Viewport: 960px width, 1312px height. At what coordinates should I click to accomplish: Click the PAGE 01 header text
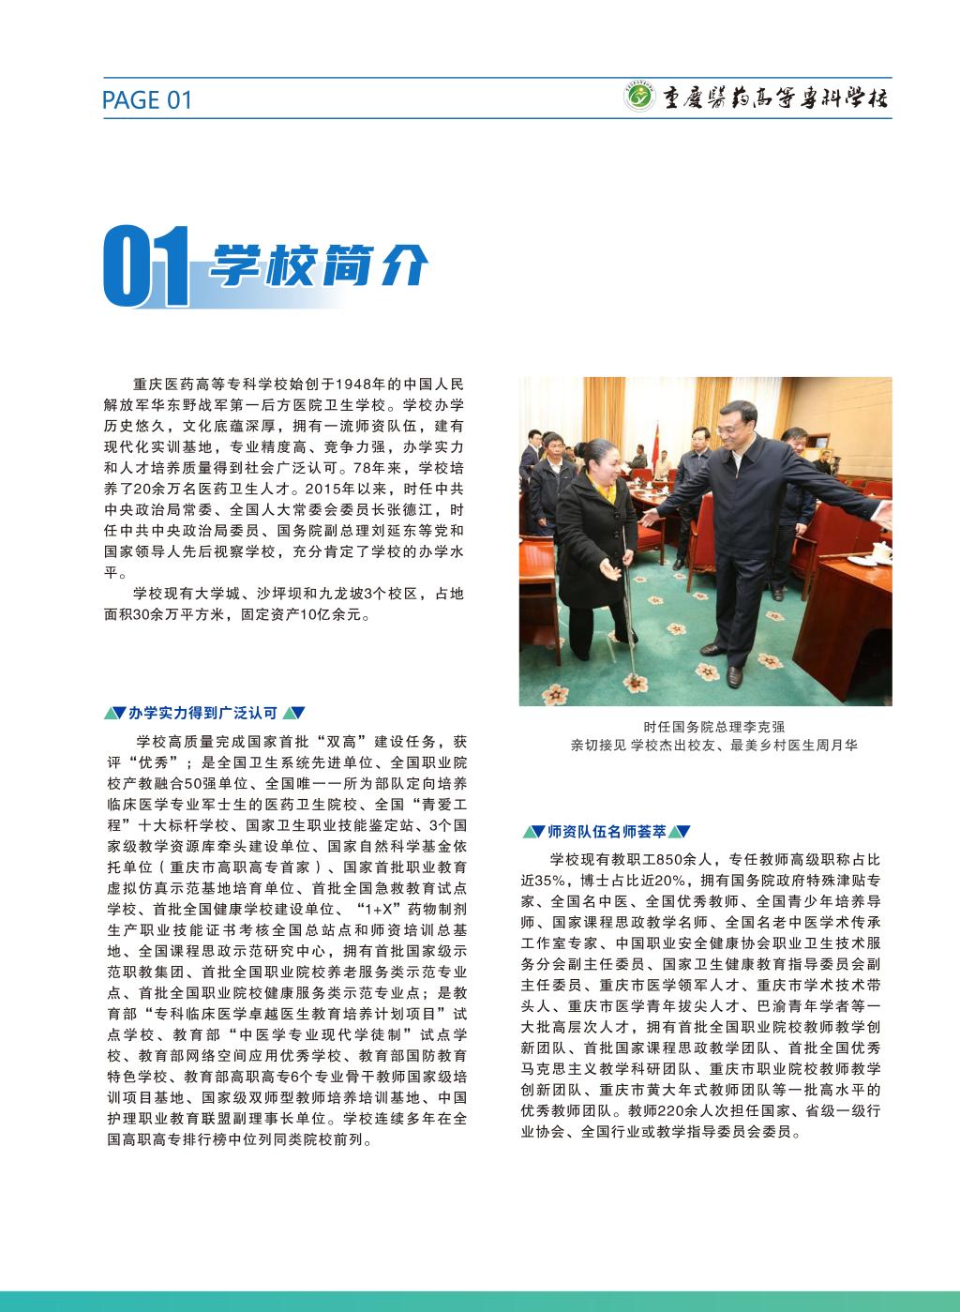click(x=146, y=99)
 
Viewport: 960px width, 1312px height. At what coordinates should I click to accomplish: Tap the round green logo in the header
click(x=639, y=98)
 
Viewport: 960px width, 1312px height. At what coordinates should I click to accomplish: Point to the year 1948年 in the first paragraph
click(x=362, y=384)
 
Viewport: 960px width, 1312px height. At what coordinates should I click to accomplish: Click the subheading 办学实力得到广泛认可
click(x=202, y=713)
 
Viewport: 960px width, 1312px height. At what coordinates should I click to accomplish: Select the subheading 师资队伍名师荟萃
click(x=607, y=831)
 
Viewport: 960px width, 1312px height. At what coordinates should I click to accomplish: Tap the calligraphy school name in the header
click(x=774, y=98)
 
